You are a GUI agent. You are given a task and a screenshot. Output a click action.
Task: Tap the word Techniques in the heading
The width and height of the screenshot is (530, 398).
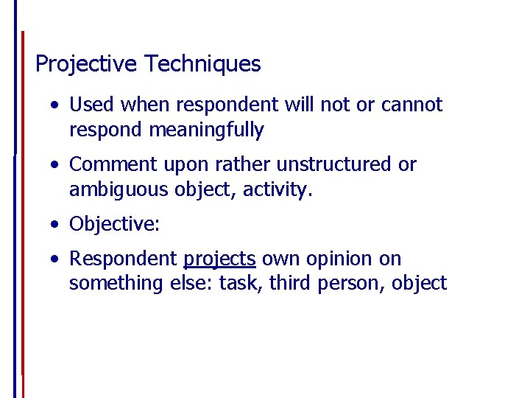[x=202, y=65]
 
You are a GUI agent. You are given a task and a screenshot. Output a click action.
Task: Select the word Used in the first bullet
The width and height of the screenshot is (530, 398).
[x=92, y=105]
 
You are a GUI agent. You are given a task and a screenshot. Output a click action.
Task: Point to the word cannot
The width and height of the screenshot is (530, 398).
[x=411, y=105]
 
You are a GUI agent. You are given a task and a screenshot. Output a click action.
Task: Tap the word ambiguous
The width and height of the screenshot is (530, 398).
[x=119, y=190]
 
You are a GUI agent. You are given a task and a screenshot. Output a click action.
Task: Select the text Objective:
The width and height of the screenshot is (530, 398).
[x=114, y=224]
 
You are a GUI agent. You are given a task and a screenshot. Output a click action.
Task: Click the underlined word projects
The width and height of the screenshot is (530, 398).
[x=219, y=259]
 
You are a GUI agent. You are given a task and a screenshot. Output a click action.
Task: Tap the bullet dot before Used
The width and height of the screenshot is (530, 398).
[x=56, y=105]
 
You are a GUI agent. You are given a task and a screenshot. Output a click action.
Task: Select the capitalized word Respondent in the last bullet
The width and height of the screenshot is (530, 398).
[x=123, y=259]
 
